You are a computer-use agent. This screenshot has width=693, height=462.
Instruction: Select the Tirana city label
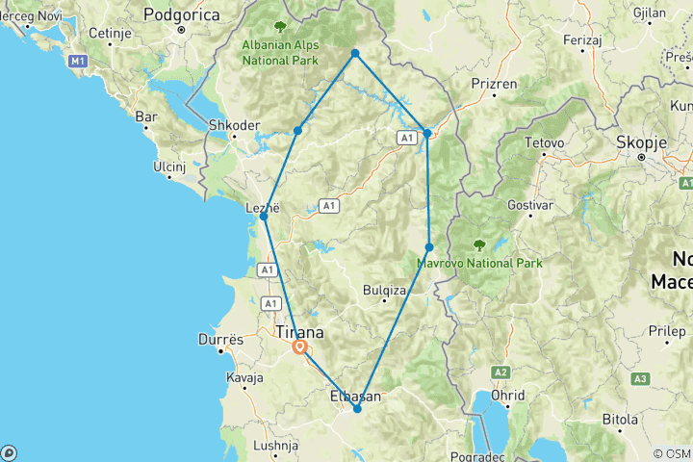(x=299, y=332)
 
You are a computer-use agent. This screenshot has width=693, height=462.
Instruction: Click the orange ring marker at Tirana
(x=300, y=348)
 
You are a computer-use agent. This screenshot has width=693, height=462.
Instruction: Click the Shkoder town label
(x=234, y=125)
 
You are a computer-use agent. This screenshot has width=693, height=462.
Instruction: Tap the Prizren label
(x=493, y=84)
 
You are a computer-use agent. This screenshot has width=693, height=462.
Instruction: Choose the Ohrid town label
(x=507, y=395)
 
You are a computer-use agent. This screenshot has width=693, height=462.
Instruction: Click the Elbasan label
(x=356, y=396)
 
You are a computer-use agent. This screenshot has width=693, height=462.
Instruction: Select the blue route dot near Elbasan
(x=357, y=409)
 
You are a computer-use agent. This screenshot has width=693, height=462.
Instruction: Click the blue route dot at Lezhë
(x=264, y=217)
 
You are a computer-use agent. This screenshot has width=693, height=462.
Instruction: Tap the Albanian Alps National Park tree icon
(x=280, y=27)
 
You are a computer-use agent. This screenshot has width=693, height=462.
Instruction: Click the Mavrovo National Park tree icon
(x=478, y=245)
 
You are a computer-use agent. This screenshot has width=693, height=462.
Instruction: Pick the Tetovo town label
(x=543, y=143)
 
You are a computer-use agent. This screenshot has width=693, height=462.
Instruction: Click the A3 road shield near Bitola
(x=640, y=379)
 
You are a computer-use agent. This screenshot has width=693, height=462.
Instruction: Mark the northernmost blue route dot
(x=355, y=53)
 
